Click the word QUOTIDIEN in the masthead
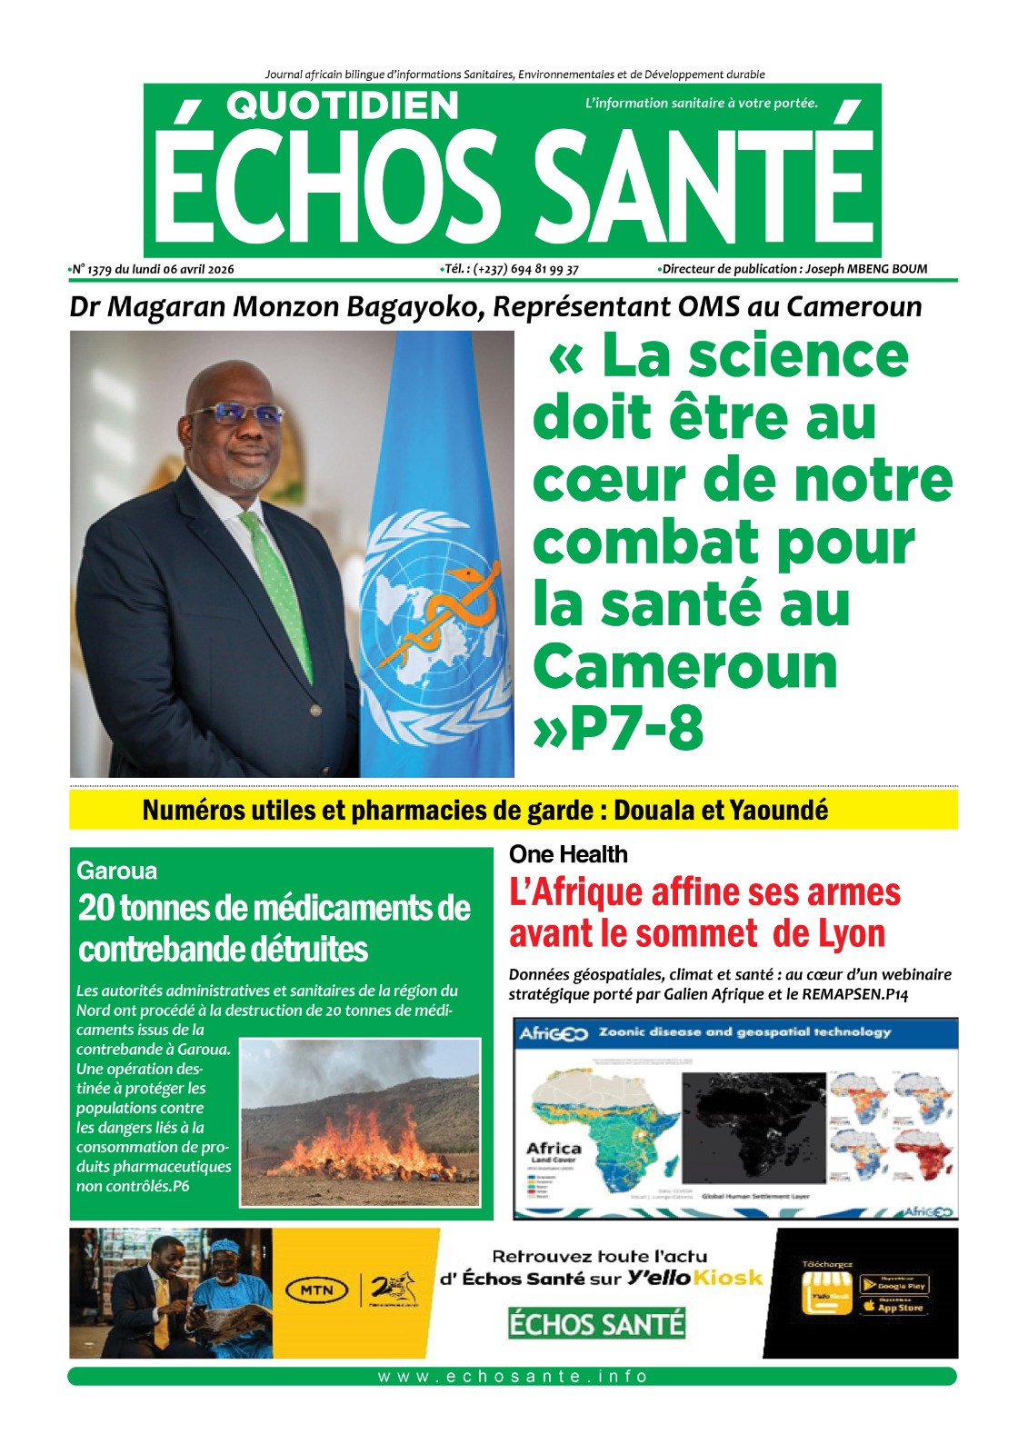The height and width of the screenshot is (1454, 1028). coord(343,106)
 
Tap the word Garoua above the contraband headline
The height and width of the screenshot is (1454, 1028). coord(116,871)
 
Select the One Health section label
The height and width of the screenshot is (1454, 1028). coord(568,854)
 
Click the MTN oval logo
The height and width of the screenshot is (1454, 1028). coord(316,1290)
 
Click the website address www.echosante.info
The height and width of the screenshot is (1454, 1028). coord(513,1376)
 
